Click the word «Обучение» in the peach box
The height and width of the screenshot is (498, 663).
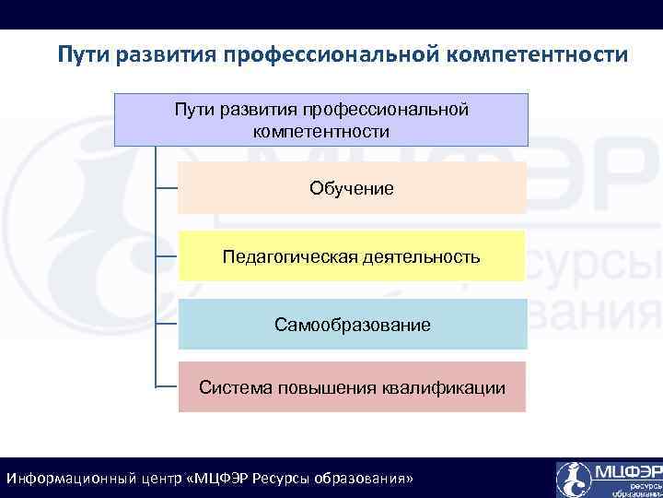pyautogui.click(x=351, y=188)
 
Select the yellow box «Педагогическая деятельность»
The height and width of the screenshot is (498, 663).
pyautogui.click(x=351, y=256)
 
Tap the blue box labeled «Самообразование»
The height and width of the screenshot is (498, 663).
pyautogui.click(x=351, y=325)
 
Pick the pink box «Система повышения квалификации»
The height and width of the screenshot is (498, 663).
pyautogui.click(x=351, y=387)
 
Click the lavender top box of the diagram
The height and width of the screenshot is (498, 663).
pyautogui.click(x=321, y=119)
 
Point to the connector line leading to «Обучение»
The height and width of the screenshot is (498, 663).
pyautogui.click(x=166, y=188)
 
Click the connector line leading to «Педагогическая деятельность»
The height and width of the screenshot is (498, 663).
pyautogui.click(x=166, y=256)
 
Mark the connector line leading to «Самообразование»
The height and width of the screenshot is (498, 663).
pyautogui.click(x=166, y=325)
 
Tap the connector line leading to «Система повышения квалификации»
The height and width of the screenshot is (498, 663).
pyautogui.click(x=166, y=386)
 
